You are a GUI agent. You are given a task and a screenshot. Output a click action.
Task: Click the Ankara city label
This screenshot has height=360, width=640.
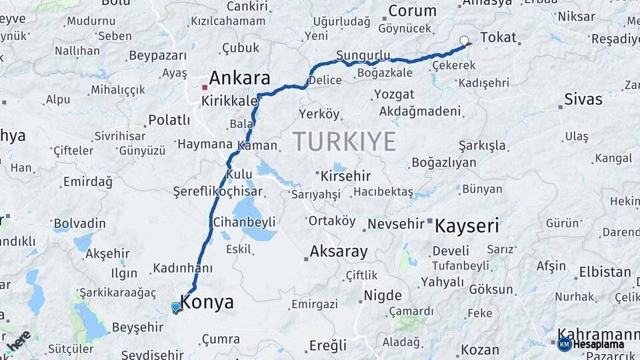[240, 78]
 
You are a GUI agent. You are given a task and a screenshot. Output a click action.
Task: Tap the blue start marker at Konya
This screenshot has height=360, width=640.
[175, 307]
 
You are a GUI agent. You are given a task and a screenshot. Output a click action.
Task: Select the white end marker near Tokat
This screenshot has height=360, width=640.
[464, 41]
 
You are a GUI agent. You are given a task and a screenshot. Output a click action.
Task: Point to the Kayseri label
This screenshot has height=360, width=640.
[467, 226]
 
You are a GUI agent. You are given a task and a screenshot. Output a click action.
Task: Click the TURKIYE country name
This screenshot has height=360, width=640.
[344, 141]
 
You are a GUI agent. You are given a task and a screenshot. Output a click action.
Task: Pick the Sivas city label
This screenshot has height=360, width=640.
[583, 99]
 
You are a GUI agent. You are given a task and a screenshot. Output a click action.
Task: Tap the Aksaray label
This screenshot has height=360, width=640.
[339, 251]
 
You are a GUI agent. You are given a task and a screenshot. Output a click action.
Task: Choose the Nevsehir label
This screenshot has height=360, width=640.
[396, 224]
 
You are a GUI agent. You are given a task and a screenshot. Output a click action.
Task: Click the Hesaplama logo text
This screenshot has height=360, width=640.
[598, 344]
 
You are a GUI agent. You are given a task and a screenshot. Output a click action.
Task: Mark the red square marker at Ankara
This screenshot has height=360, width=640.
[205, 87]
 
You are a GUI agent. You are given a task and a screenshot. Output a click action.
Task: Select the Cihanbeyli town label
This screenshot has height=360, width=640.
[243, 222]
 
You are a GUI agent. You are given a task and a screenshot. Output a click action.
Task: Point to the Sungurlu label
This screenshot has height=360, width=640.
[363, 55]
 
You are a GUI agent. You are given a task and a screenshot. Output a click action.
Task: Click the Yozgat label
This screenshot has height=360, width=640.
[394, 94]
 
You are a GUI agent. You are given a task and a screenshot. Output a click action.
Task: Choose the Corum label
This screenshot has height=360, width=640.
[412, 11]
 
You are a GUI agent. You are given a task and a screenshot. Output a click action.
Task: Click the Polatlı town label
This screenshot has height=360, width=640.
[169, 120]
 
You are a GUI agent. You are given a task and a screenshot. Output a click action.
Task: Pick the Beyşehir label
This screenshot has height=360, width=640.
[137, 327]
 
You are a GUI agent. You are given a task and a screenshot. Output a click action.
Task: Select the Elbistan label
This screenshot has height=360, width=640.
[605, 272]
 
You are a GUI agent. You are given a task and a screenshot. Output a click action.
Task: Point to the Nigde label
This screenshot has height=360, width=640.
[383, 295]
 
